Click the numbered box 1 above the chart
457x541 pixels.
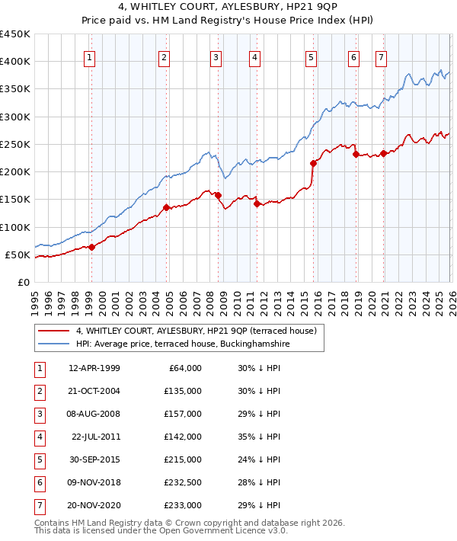[x=90, y=56]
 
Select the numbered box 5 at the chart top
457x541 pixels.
[x=312, y=56]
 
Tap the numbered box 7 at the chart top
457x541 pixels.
[x=381, y=56]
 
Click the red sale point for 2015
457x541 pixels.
[x=313, y=163]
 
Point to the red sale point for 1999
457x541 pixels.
[x=91, y=246]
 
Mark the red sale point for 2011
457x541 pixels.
[x=257, y=203]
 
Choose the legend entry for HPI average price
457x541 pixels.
[x=183, y=344]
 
